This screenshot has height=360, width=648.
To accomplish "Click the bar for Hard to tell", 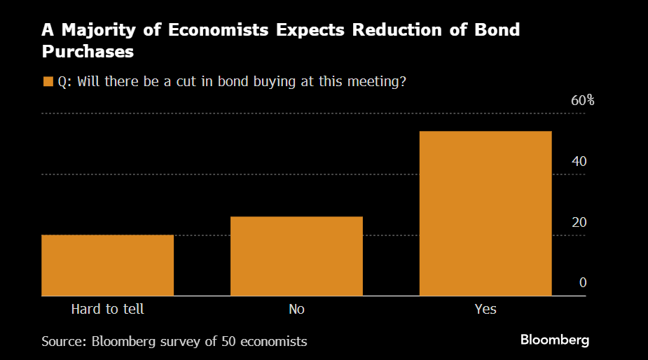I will point(107,265).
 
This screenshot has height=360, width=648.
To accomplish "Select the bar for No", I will point(296,256).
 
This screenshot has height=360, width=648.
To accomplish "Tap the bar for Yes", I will point(485,213).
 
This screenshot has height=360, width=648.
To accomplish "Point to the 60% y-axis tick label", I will point(582,100).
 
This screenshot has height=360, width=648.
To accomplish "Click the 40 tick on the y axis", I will point(578,161).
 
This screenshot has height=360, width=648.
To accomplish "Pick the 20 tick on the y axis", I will point(578,222).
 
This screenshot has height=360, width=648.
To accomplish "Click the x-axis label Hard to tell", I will point(107,308).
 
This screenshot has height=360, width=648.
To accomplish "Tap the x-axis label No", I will point(296,308).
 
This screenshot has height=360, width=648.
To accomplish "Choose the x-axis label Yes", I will point(485,308).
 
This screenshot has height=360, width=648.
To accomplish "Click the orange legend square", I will point(48,81).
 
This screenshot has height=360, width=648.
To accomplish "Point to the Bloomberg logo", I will point(555,340).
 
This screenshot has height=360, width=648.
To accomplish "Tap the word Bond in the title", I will point(495,31).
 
